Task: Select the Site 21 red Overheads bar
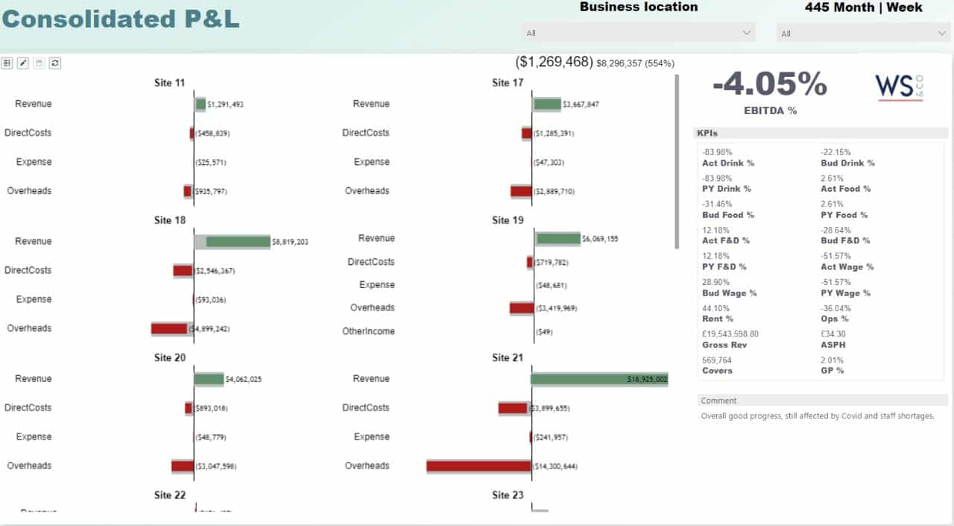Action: pyautogui.click(x=478, y=466)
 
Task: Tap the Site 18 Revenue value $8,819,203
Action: pyautogui.click(x=290, y=242)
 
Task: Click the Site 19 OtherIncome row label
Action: pyautogui.click(x=368, y=331)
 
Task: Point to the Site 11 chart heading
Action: pyautogui.click(x=169, y=83)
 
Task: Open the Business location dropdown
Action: pyautogui.click(x=638, y=33)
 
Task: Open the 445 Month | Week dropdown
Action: pyautogui.click(x=862, y=34)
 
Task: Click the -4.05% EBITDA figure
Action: pyautogui.click(x=770, y=84)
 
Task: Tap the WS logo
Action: pyautogui.click(x=899, y=87)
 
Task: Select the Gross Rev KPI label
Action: pyautogui.click(x=724, y=345)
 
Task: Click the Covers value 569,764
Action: pyautogui.click(x=717, y=360)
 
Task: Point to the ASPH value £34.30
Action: pyautogui.click(x=833, y=334)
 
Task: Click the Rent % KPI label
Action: pyautogui.click(x=718, y=319)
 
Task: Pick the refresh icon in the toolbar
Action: pyautogui.click(x=55, y=63)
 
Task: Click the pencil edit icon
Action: pyautogui.click(x=23, y=63)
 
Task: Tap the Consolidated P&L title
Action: pyautogui.click(x=121, y=19)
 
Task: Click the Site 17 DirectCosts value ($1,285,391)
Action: pyautogui.click(x=555, y=134)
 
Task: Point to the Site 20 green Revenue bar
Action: pyautogui.click(x=209, y=379)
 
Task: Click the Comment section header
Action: pyautogui.click(x=718, y=401)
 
